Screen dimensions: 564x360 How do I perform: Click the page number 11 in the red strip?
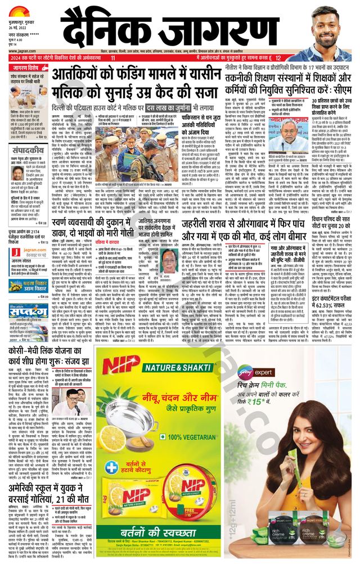pos(113,57)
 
